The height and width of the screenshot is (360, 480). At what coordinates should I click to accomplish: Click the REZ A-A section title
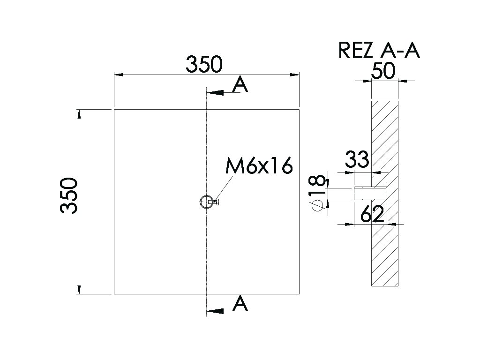coord(379,51)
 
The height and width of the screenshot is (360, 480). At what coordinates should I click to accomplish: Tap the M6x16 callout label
coord(259,166)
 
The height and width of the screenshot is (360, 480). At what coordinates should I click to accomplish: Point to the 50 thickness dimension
coord(383,71)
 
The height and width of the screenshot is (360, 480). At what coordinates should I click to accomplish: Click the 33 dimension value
coord(357,159)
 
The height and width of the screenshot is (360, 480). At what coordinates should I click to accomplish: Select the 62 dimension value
coord(372,214)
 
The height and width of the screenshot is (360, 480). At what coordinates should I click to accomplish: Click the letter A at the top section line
coord(240,84)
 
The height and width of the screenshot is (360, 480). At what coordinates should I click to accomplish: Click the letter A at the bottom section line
coord(240,303)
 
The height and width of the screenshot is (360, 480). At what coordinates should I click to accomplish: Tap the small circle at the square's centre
coord(205,202)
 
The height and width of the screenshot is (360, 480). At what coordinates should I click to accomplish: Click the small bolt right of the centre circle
coord(214,202)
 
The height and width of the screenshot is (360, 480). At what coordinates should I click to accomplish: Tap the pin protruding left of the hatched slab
coord(363,194)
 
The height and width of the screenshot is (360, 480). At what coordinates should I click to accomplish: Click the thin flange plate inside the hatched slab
coord(386,194)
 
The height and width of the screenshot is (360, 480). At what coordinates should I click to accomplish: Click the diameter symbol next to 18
coord(317,205)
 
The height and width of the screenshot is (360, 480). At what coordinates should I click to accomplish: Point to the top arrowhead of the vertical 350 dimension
coord(79,113)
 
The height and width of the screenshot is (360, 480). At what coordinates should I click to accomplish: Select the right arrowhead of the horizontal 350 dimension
coord(295,75)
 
